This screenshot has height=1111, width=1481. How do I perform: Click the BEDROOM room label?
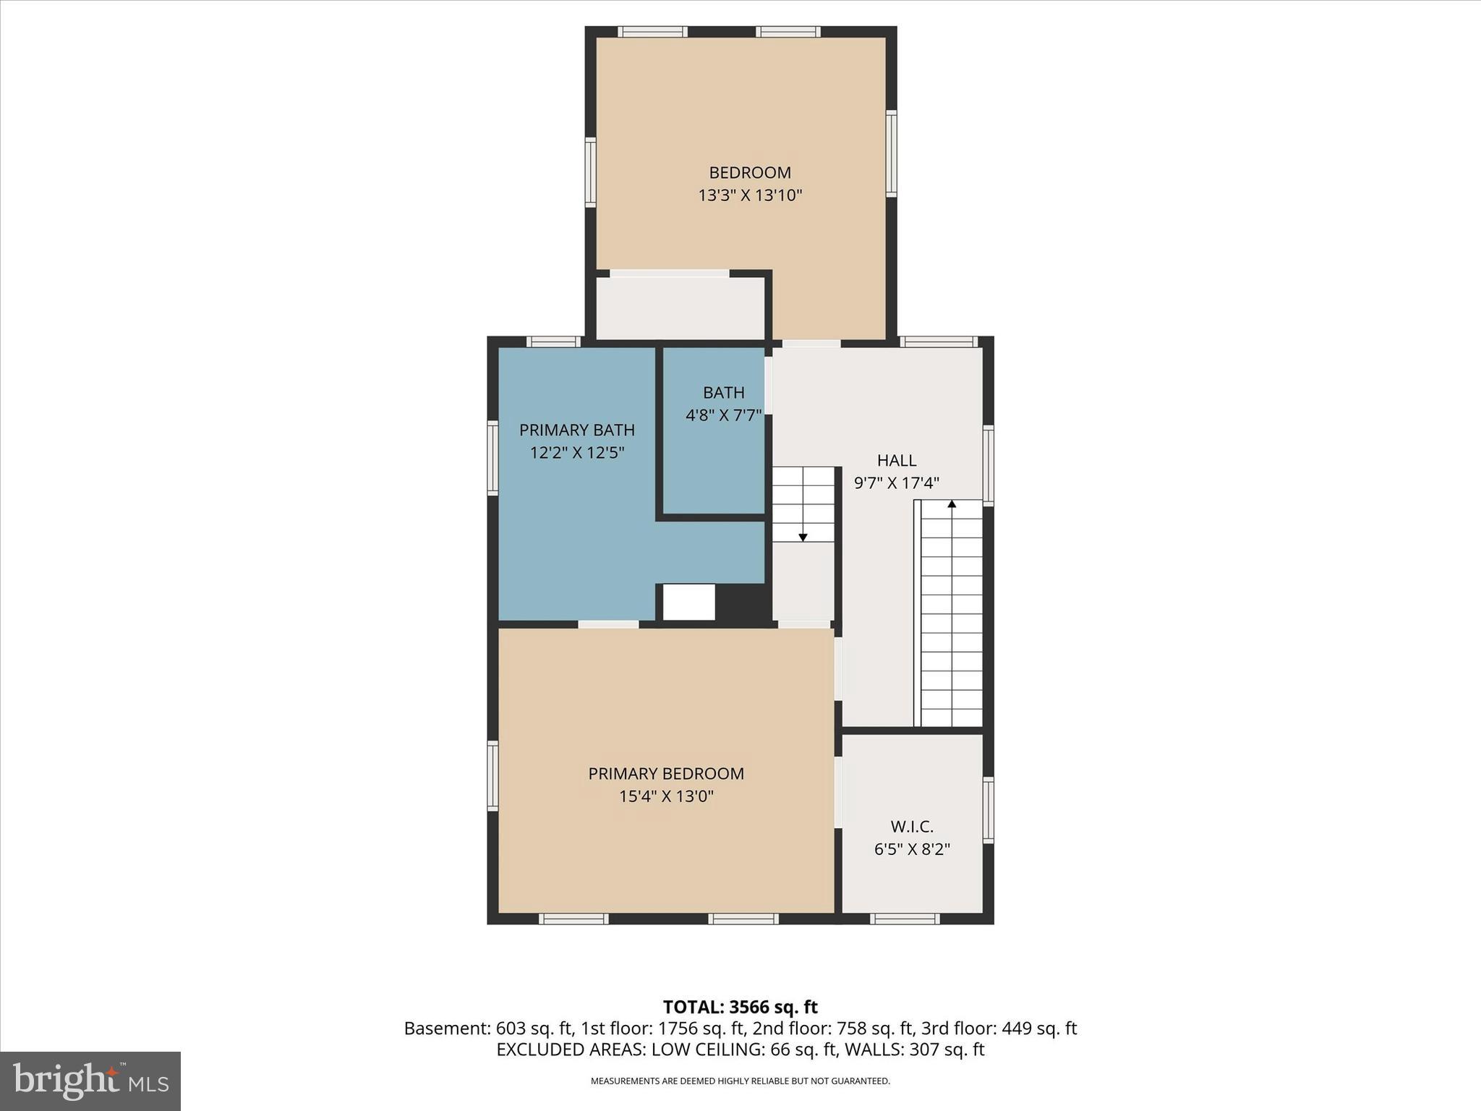tap(750, 172)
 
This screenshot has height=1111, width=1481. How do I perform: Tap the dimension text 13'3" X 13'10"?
tap(750, 195)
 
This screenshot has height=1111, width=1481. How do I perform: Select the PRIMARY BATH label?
tap(576, 430)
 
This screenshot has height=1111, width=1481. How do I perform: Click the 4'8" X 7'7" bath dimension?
tap(723, 415)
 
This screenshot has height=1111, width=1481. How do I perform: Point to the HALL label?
tap(897, 460)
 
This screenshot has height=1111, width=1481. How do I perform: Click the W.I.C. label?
tap(912, 826)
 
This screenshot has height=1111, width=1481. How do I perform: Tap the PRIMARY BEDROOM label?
tap(666, 773)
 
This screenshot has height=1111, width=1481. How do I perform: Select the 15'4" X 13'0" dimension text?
tap(666, 796)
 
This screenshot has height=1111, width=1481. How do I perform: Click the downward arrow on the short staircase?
tap(803, 536)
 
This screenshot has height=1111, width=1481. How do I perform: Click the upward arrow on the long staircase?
tap(952, 504)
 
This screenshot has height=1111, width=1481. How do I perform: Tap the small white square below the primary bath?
tap(688, 602)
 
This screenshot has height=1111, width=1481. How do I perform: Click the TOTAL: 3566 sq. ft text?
tap(740, 1007)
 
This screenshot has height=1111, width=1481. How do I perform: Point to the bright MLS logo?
tap(90, 1081)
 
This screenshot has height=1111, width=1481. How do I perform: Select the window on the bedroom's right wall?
tap(891, 153)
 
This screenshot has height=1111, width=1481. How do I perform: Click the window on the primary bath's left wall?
tap(493, 459)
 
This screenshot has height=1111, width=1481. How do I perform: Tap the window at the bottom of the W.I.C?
tap(905, 919)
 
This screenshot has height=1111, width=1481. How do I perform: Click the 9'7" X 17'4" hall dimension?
tap(897, 483)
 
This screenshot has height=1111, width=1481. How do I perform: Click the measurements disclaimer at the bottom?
tap(740, 1081)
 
